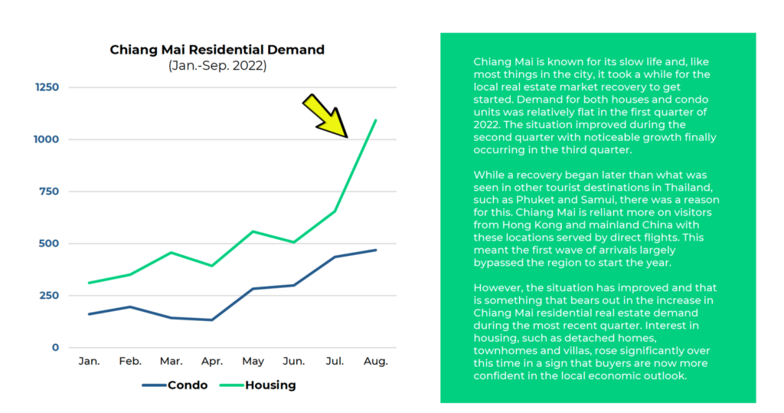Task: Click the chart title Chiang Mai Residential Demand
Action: (217, 50)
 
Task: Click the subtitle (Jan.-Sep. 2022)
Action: (217, 66)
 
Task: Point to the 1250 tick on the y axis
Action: (46, 87)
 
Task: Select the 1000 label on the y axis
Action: (46, 139)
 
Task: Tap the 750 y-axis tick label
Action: (48, 192)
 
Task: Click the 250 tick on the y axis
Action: (48, 296)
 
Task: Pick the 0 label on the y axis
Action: (54, 348)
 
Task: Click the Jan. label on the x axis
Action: (89, 361)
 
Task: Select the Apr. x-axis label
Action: (212, 361)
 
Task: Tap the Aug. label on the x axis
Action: (376, 361)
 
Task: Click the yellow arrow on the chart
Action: (325, 116)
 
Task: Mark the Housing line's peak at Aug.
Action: (376, 120)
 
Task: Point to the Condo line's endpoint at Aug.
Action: (376, 250)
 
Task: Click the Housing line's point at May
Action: (253, 231)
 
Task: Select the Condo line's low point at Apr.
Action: (212, 320)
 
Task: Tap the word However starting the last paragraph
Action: (499, 287)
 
